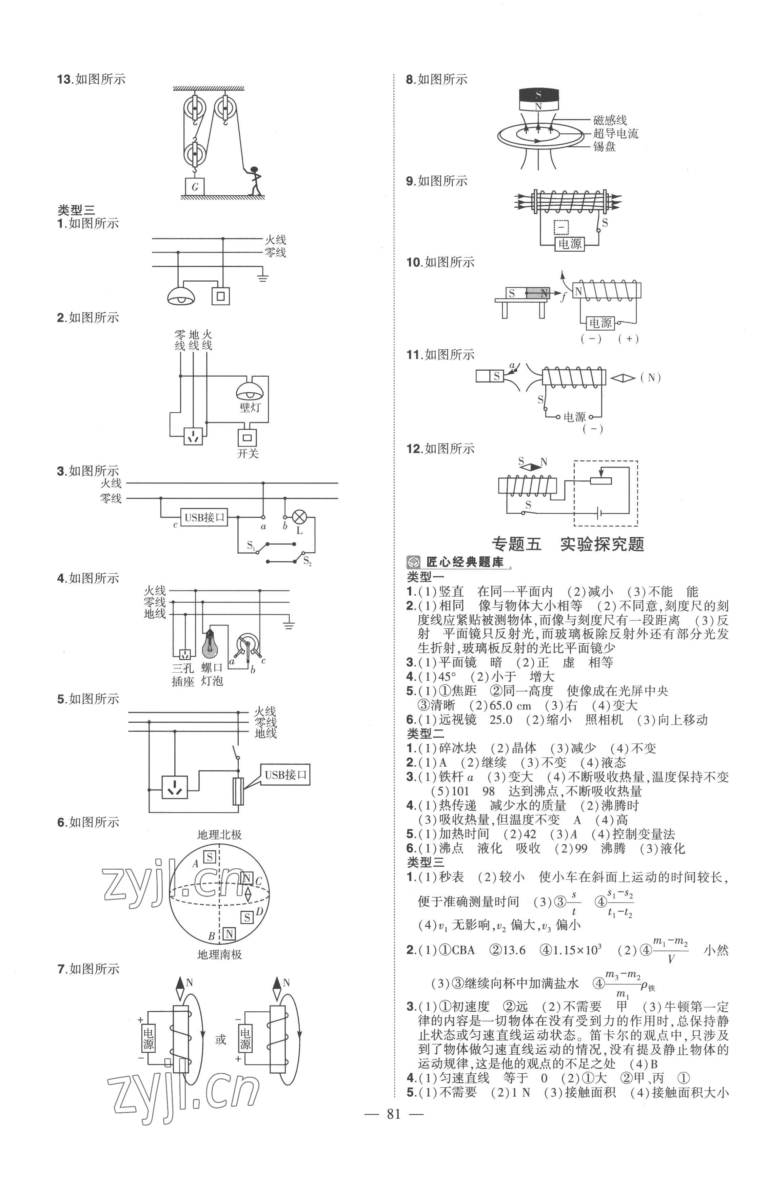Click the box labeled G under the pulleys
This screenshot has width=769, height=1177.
click(195, 186)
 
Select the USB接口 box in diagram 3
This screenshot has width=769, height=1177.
click(204, 517)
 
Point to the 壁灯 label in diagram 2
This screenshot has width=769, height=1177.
click(250, 407)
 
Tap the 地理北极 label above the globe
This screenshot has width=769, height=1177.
click(219, 835)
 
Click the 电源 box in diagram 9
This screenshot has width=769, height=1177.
click(570, 244)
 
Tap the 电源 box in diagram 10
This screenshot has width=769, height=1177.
click(600, 323)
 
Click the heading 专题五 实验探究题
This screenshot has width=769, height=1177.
click(568, 544)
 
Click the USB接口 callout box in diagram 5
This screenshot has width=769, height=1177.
click(285, 775)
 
